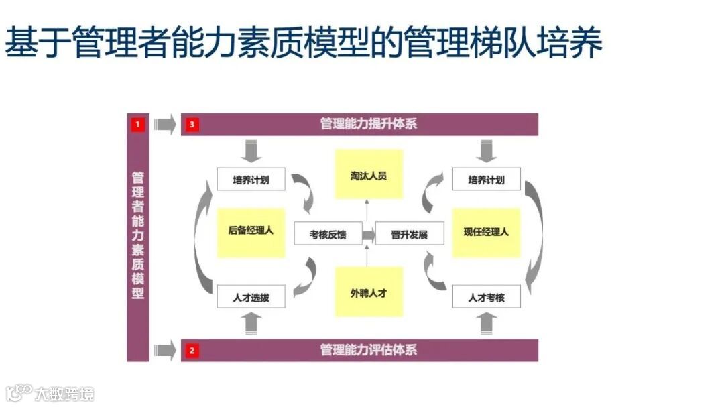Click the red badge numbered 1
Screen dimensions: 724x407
(138, 124)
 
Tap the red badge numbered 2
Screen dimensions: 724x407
(192, 350)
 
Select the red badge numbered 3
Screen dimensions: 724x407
(192, 125)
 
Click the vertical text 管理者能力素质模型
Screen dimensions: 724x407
(138, 235)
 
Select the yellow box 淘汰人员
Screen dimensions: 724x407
(369, 175)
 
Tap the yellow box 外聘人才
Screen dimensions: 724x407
(369, 292)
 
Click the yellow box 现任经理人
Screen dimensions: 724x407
(486, 232)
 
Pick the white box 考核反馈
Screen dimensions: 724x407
(328, 234)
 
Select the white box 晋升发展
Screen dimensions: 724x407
(409, 234)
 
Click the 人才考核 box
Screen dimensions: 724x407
(486, 296)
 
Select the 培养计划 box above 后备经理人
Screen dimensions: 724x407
(251, 180)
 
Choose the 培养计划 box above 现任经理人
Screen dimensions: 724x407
(486, 180)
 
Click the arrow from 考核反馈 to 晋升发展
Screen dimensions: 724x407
(369, 234)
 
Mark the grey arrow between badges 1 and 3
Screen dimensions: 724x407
(164, 125)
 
